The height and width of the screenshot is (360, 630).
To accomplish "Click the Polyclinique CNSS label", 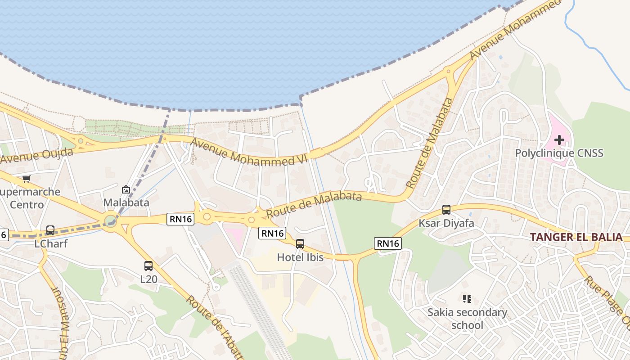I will [x=559, y=153].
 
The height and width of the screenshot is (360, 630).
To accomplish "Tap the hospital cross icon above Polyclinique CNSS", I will [x=559, y=140].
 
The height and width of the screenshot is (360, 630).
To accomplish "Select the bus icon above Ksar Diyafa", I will [x=446, y=210].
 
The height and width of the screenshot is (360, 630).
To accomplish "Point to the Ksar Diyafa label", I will [x=446, y=223].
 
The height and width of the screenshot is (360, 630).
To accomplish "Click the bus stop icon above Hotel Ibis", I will [x=300, y=244].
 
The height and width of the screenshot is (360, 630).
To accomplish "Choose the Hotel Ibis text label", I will [x=300, y=257].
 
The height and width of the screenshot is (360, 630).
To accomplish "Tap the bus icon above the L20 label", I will [x=148, y=265].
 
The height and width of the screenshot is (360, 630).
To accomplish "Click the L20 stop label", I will [x=149, y=279].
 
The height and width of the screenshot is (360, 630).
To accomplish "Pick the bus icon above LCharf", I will [x=50, y=230].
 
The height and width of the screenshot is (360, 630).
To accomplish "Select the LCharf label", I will [x=50, y=243].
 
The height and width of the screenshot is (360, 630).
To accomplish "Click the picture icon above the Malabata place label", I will [x=126, y=189].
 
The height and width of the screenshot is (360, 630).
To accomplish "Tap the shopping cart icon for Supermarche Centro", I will [x=26, y=179].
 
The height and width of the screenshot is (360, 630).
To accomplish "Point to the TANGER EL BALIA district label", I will [x=576, y=237].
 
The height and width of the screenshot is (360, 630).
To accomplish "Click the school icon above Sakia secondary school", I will [x=467, y=299].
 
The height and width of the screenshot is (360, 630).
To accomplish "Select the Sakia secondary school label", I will [x=467, y=319].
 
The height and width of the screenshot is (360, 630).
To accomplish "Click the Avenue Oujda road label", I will [x=37, y=155].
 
